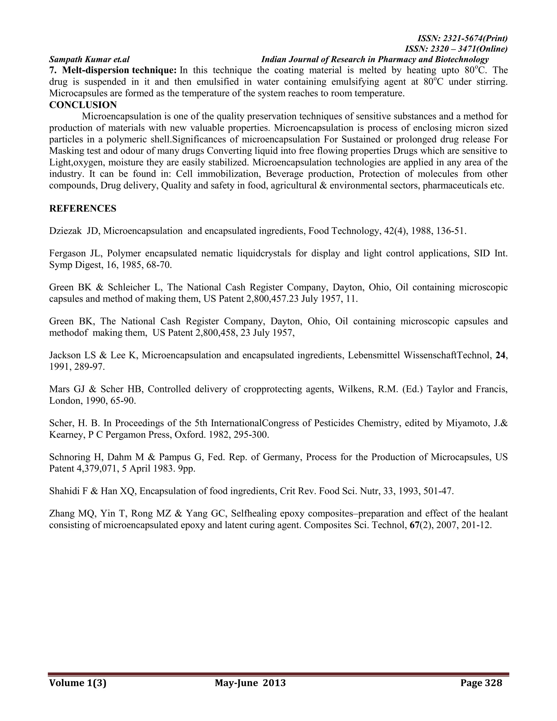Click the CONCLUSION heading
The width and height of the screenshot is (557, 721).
click(x=83, y=105)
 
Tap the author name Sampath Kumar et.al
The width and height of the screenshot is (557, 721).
click(x=89, y=59)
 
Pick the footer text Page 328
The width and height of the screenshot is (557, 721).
click(x=481, y=683)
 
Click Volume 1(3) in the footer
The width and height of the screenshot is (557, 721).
click(x=78, y=683)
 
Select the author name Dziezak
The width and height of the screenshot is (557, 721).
click(x=65, y=231)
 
